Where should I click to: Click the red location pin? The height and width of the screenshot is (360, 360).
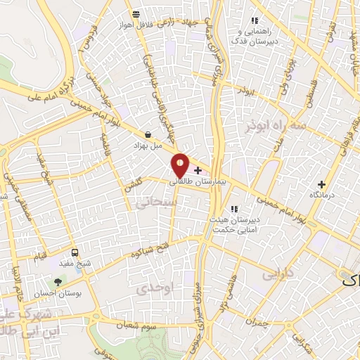181,165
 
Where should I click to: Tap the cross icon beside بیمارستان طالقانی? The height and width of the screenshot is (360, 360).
198,170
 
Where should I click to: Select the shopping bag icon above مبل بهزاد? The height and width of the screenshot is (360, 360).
148,134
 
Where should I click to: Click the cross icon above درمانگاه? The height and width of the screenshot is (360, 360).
321,184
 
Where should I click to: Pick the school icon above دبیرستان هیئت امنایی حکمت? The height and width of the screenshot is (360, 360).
235,208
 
